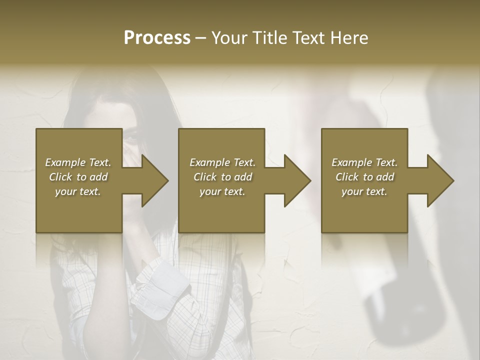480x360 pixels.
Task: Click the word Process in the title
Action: (x=157, y=38)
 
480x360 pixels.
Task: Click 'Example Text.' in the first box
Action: (x=78, y=162)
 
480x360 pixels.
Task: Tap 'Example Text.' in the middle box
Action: (x=222, y=162)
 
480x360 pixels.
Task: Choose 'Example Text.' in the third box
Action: (x=364, y=162)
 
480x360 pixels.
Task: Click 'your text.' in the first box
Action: (x=78, y=191)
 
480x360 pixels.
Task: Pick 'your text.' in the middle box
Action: (x=222, y=191)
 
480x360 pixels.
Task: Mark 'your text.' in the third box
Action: (x=364, y=191)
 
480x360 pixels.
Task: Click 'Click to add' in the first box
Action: (x=78, y=177)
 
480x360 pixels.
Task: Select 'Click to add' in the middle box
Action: (x=222, y=177)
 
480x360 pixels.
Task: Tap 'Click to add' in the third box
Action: (x=364, y=177)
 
